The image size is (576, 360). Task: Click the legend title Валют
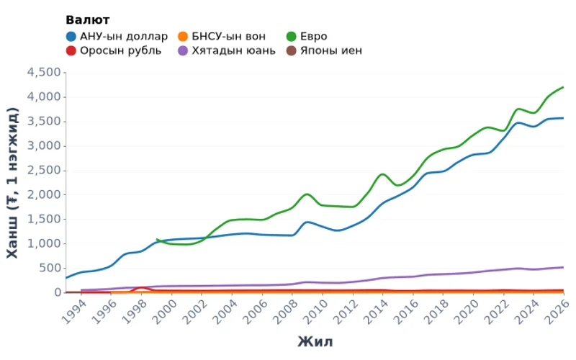pyautogui.click(x=87, y=19)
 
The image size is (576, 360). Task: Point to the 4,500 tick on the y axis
pyautogui.click(x=44, y=72)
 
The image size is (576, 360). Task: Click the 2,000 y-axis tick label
pyautogui.click(x=44, y=194)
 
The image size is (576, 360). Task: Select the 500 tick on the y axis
pyautogui.click(x=50, y=268)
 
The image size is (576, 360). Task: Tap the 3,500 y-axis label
pyautogui.click(x=44, y=121)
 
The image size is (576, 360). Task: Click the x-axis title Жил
pyautogui.click(x=315, y=341)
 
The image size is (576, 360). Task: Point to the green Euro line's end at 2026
pyautogui.click(x=563, y=87)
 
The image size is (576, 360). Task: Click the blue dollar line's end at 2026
pyautogui.click(x=563, y=118)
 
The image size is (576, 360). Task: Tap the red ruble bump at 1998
pyautogui.click(x=143, y=288)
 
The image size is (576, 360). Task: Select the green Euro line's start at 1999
pyautogui.click(x=157, y=239)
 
